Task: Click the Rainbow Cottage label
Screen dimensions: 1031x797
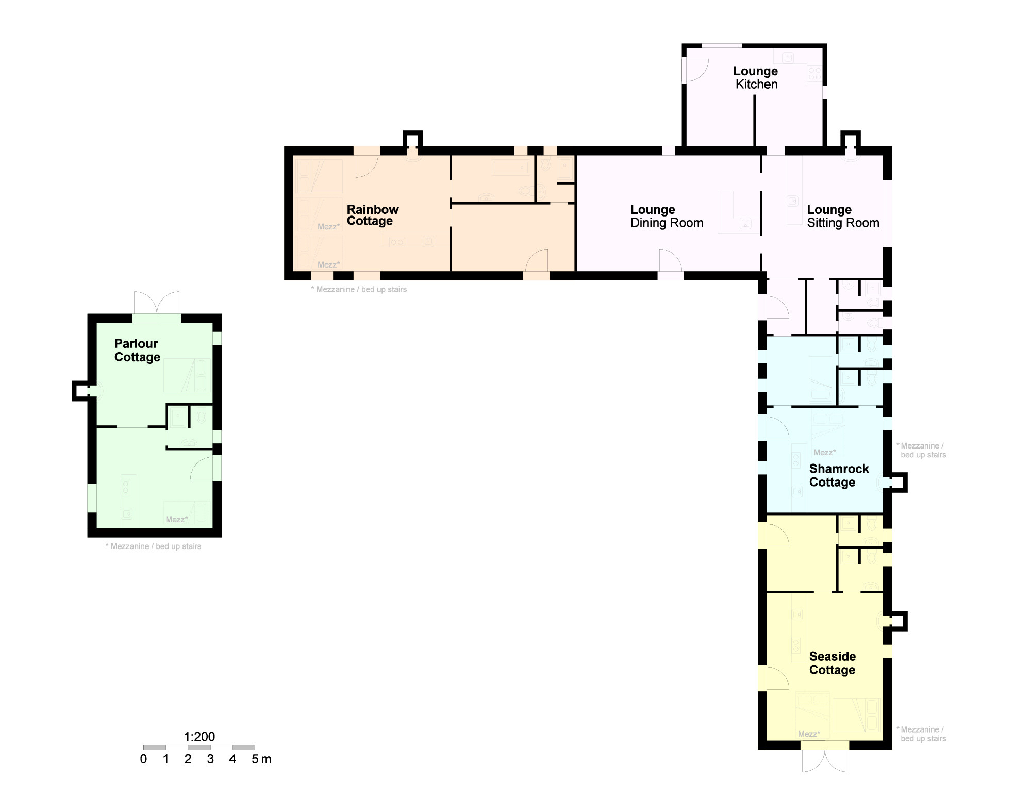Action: [x=373, y=215]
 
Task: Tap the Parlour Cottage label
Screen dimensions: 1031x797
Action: [x=137, y=350]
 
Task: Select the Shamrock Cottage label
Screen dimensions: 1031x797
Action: [x=839, y=475]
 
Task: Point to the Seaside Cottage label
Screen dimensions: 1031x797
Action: [x=833, y=663]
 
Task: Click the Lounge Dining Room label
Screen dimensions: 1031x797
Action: [x=667, y=216]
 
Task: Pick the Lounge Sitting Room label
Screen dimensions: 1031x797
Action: [x=843, y=216]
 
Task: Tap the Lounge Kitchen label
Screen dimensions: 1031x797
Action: [x=756, y=77]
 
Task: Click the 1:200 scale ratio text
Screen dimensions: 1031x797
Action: [x=199, y=736]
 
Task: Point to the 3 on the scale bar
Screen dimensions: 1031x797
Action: [x=210, y=759]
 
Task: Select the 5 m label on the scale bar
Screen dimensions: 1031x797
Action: [x=261, y=759]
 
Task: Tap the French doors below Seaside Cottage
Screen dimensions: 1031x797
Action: [x=825, y=760]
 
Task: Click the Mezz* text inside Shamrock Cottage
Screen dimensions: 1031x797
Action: [x=825, y=452]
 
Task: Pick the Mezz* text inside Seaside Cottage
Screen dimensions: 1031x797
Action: [x=809, y=734]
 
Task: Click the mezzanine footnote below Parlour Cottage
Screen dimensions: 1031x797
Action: [x=153, y=546]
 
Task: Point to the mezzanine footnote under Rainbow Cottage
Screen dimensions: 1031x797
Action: [x=359, y=289]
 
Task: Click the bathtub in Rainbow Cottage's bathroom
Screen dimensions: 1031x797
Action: [x=511, y=167]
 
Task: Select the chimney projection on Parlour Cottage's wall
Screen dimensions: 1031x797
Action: [x=80, y=390]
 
